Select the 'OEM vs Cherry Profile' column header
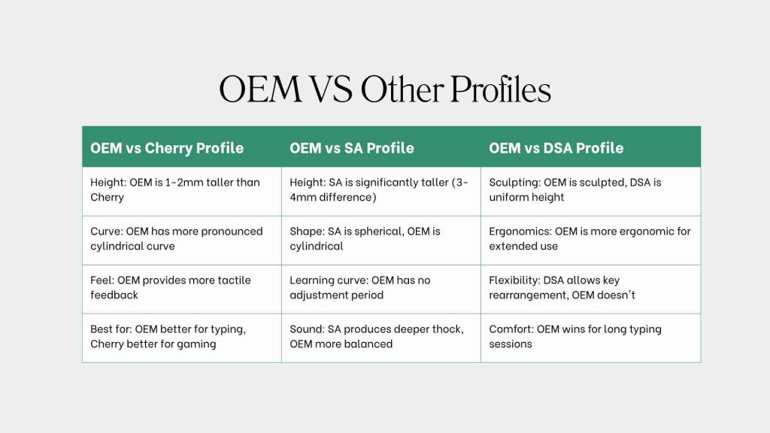click(x=167, y=148)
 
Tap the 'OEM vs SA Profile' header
click(x=352, y=148)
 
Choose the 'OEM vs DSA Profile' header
click(x=556, y=148)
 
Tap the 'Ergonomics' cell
click(x=590, y=238)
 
